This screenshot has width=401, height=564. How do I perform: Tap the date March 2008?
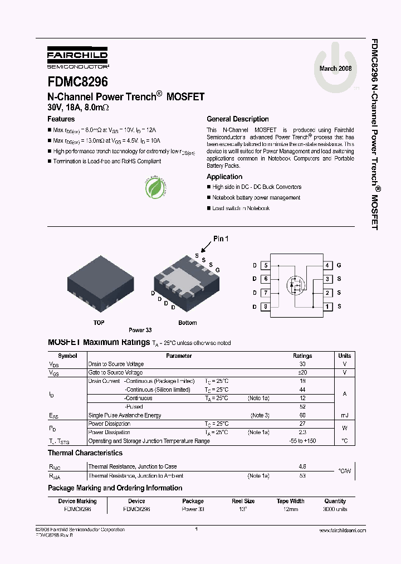point(336,68)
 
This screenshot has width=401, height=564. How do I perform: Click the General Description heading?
point(237,119)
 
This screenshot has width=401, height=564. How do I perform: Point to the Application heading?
point(224,177)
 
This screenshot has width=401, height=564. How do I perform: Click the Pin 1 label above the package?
point(221,239)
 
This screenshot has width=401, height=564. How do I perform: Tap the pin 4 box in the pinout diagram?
point(329,266)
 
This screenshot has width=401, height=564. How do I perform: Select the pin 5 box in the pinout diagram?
point(266,266)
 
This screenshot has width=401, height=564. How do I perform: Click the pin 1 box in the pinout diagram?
point(329,307)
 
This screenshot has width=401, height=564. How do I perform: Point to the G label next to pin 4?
point(339,266)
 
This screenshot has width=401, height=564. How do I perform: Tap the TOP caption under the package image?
point(99,323)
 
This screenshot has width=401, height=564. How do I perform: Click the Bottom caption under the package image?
point(187,323)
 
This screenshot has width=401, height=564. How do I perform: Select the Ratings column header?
point(302,356)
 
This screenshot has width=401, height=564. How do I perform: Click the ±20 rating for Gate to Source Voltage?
point(302,372)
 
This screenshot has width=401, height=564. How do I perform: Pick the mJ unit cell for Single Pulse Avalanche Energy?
point(344,415)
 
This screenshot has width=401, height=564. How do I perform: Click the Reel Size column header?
point(243,501)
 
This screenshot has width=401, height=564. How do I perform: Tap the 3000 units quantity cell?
point(335,509)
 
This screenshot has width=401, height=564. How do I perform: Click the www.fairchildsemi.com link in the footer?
point(343,530)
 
